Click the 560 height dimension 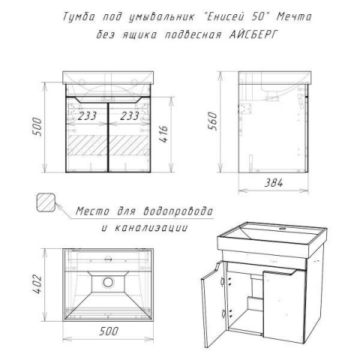[213, 121]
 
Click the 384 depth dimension [274, 183]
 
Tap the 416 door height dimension [163, 134]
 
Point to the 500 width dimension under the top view [109, 331]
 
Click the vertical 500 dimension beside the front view [38, 127]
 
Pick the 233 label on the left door [87, 116]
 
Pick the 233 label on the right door [130, 116]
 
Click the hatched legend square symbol [46, 202]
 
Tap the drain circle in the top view [108, 282]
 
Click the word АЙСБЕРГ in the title [253, 34]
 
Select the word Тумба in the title [79, 17]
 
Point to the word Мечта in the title [294, 17]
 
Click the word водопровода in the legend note [178, 211]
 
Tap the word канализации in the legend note [151, 228]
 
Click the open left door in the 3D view [212, 304]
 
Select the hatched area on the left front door [88, 145]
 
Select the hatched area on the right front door [128, 145]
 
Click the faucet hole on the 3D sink [283, 228]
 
